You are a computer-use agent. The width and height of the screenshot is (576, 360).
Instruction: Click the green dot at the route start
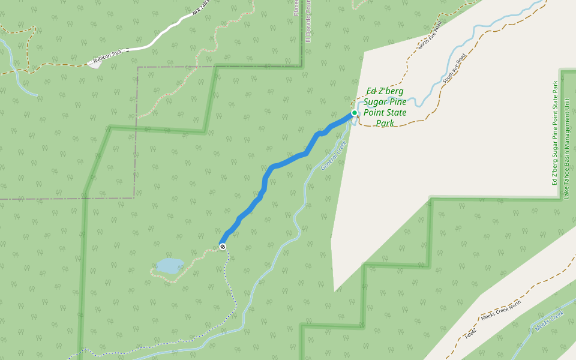point(355,113)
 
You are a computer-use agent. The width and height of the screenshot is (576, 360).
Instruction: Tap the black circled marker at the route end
point(223,247)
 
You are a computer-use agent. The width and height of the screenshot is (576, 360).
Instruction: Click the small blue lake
point(170,266)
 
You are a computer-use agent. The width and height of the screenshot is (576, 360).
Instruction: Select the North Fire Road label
point(430,35)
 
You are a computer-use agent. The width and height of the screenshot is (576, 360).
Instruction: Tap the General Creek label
point(334,155)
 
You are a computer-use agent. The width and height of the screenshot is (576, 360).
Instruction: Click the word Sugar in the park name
point(378,102)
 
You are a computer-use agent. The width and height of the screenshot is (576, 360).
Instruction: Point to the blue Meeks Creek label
point(550,321)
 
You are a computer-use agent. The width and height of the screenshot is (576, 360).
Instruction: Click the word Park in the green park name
point(385,124)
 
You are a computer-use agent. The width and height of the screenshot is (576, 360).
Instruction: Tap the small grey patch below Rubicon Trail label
point(94,65)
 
